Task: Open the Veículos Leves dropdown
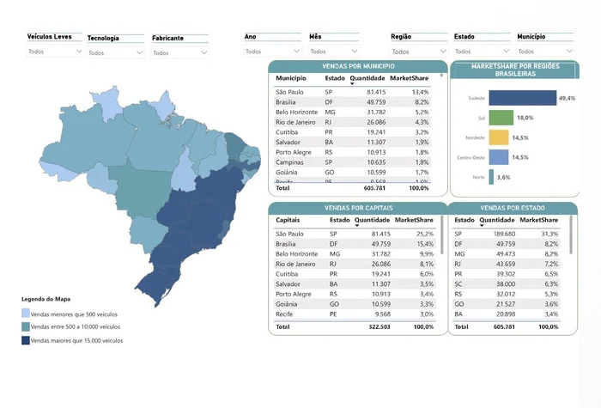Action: tap(55, 52)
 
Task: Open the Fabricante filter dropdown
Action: tap(179, 52)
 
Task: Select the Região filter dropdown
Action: tap(418, 52)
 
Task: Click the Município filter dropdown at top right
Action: tap(546, 52)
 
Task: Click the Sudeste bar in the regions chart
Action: tap(522, 99)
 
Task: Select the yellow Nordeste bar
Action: tap(499, 137)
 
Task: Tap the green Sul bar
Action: tap(501, 118)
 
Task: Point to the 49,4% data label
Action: tap(567, 99)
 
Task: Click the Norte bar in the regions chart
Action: tap(491, 177)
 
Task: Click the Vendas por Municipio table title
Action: tap(356, 65)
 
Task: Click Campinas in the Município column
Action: tap(289, 162)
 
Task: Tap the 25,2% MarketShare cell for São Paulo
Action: tap(419, 234)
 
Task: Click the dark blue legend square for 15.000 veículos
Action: tap(25, 341)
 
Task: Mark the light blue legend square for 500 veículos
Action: tap(25, 314)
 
